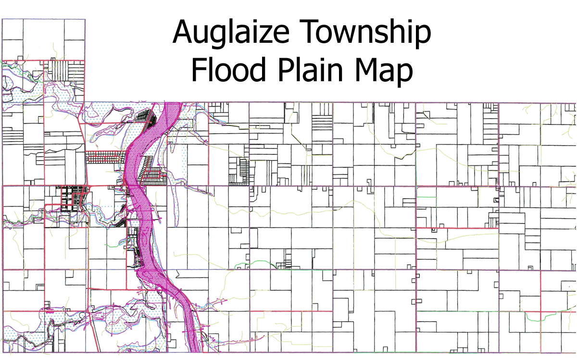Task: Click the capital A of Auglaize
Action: (x=183, y=32)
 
